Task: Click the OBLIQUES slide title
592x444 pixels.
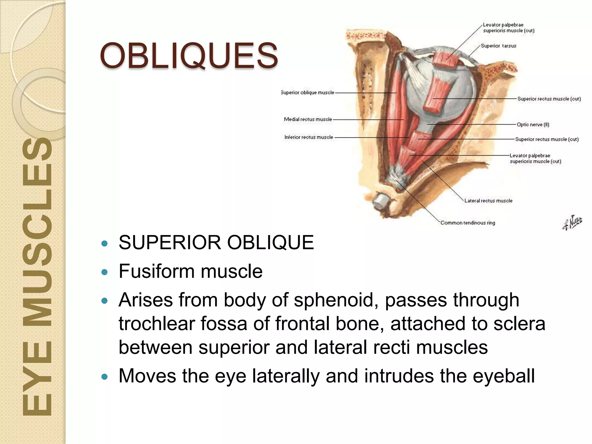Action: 189,55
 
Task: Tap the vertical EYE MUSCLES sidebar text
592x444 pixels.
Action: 37,276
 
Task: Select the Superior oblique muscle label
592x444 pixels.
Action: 308,92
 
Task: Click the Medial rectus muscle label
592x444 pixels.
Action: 308,119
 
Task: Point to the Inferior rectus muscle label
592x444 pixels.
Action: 308,137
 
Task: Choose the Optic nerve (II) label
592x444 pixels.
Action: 533,125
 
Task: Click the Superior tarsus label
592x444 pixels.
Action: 498,46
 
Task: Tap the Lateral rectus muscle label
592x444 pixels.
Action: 488,201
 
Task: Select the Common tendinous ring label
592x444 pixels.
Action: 468,223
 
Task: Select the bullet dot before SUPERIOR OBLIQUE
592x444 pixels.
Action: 105,243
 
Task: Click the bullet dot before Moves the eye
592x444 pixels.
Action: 105,377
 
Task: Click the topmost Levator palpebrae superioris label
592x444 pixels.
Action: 508,28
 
